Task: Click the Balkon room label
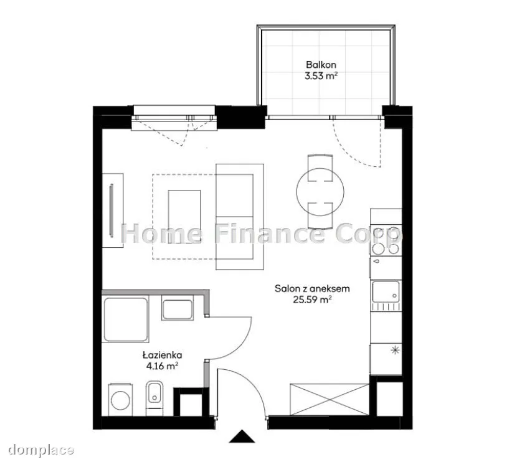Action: pyautogui.click(x=321, y=65)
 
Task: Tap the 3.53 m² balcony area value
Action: pyautogui.click(x=321, y=77)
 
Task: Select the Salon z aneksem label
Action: pyautogui.click(x=312, y=289)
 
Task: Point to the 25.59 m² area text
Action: pyautogui.click(x=312, y=300)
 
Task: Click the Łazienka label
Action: pyautogui.click(x=162, y=355)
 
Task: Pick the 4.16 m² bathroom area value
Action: pyautogui.click(x=162, y=366)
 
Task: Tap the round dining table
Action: pyautogui.click(x=320, y=192)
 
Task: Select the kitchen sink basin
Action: pyautogui.click(x=386, y=292)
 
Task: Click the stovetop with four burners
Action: pyautogui.click(x=386, y=240)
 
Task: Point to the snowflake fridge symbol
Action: pyautogui.click(x=395, y=351)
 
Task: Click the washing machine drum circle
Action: pyautogui.click(x=120, y=400)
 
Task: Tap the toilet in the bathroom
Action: pyautogui.click(x=154, y=398)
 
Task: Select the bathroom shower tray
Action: pyautogui.click(x=126, y=319)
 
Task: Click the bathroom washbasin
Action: pyautogui.click(x=178, y=308)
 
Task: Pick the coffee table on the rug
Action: pyautogui.click(x=184, y=217)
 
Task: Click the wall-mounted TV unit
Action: pyautogui.click(x=113, y=210)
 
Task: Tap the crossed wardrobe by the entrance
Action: pyautogui.click(x=330, y=399)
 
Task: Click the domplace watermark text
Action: pyautogui.click(x=41, y=450)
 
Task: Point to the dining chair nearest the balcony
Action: pyautogui.click(x=320, y=167)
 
